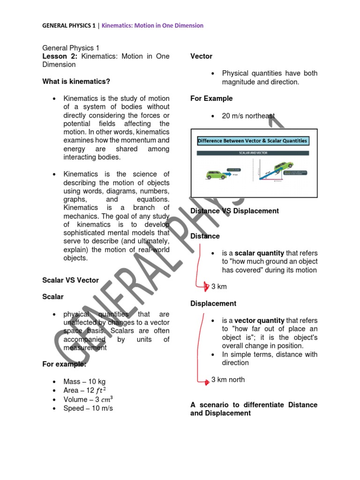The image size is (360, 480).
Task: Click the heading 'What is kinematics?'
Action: [76, 82]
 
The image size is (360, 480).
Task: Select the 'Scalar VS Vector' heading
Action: [70, 280]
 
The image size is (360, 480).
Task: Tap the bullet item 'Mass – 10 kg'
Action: [84, 382]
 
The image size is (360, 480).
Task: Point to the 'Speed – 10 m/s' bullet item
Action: [88, 408]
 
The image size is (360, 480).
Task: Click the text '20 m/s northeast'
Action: [248, 116]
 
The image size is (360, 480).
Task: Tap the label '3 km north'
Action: [228, 380]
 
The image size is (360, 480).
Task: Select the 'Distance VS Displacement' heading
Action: [234, 211]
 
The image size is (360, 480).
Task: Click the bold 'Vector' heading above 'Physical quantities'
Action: [201, 56]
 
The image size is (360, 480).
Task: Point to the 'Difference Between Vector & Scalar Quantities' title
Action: [253, 141]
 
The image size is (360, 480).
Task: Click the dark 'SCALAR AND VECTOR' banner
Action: [252, 153]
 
